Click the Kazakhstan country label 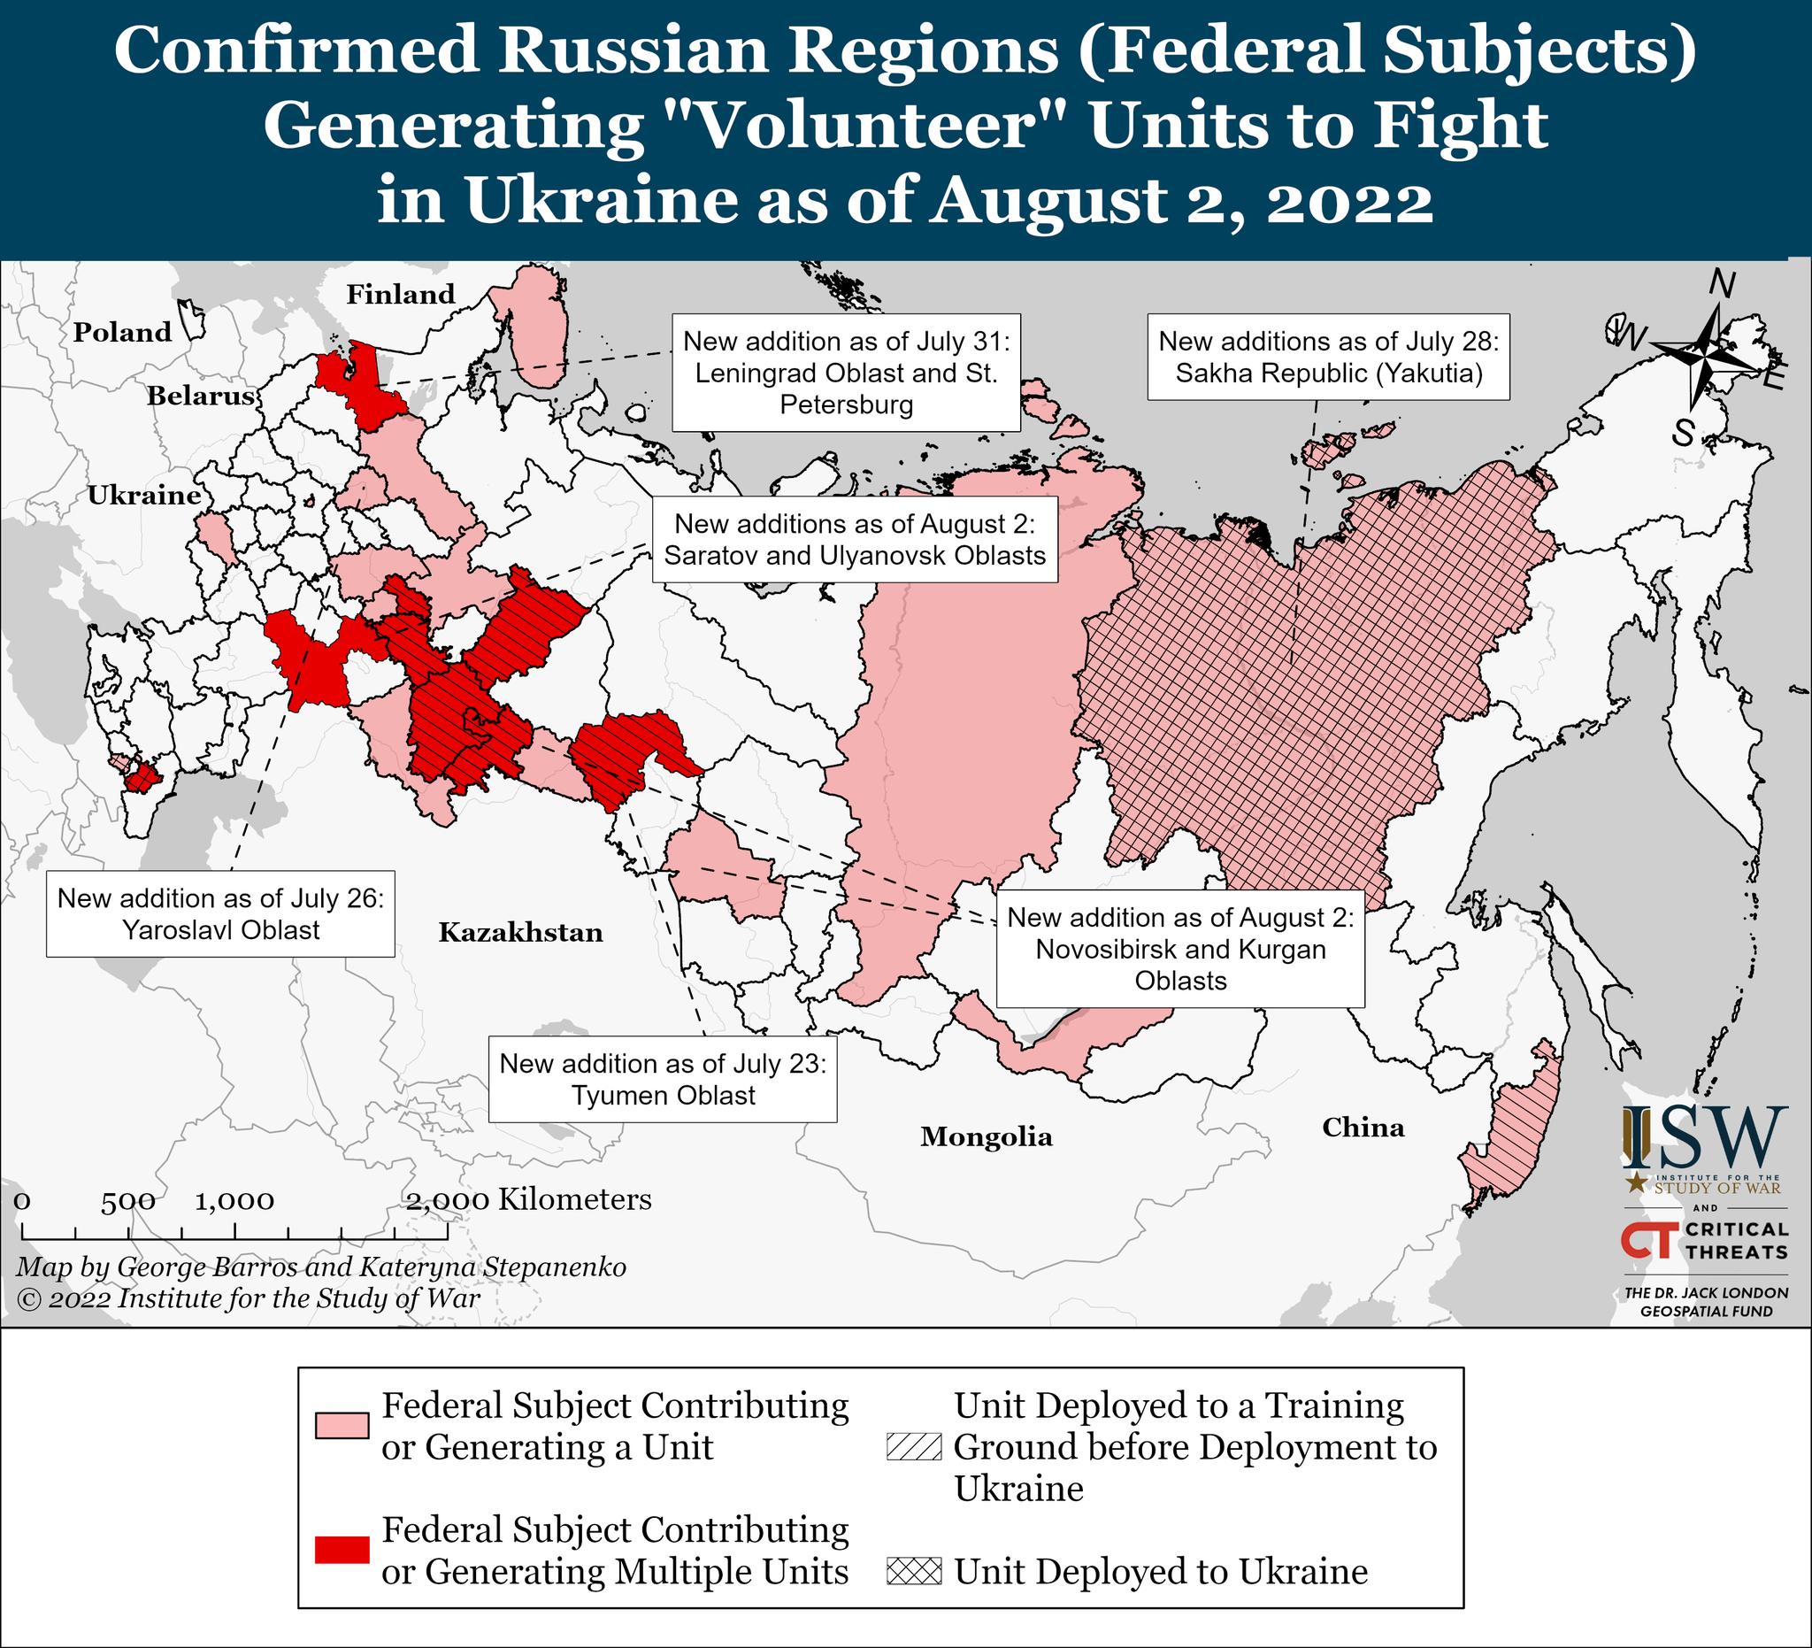tap(520, 932)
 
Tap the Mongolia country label tap(986, 1136)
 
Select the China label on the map tap(1363, 1127)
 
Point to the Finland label tap(401, 294)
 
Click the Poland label tap(123, 332)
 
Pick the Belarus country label tap(202, 396)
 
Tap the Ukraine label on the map tap(144, 496)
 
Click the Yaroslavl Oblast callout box tap(220, 913)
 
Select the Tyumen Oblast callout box tap(663, 1079)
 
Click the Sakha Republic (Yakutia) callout tap(1328, 357)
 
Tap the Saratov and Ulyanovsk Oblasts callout tap(855, 539)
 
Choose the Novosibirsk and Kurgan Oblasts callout tap(1180, 949)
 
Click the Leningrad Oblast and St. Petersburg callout tap(846, 373)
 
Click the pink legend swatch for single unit tap(342, 1426)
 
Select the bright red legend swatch tap(342, 1550)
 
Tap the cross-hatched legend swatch tap(913, 1571)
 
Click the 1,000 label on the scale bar tap(234, 1201)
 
